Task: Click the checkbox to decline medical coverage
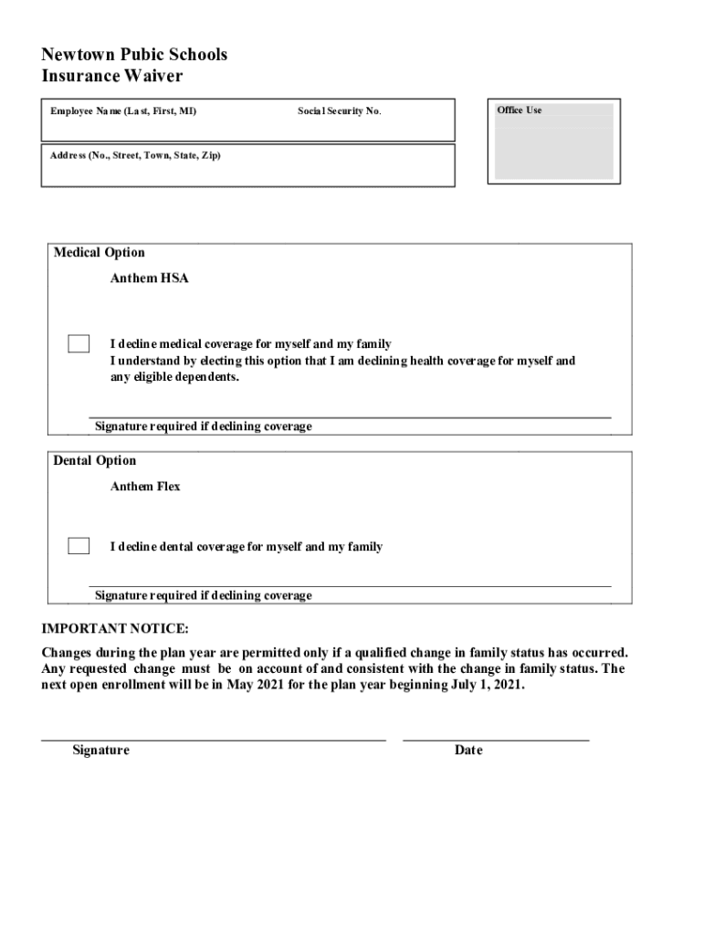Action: [79, 344]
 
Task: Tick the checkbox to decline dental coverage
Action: [79, 547]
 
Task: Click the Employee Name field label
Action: [123, 111]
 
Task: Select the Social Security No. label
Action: [340, 111]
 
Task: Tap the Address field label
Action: [135, 155]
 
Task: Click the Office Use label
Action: [519, 110]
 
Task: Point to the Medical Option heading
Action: [99, 253]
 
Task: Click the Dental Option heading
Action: [95, 461]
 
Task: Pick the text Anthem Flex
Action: [145, 487]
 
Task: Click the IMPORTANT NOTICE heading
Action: [115, 629]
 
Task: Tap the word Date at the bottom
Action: [468, 751]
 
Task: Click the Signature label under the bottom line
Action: [100, 751]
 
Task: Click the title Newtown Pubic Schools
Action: [134, 55]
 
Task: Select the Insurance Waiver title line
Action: [112, 77]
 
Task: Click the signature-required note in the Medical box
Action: [203, 426]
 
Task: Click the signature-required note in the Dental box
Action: [203, 595]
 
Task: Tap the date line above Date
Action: [496, 739]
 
